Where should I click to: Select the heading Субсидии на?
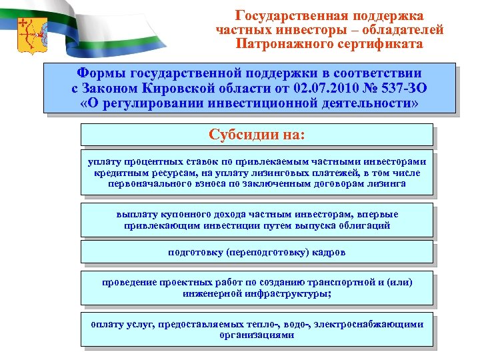pyautogui.click(x=257, y=135)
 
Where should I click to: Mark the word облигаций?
pyautogui.click(x=361, y=225)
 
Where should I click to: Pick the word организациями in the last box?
pyautogui.click(x=257, y=335)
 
